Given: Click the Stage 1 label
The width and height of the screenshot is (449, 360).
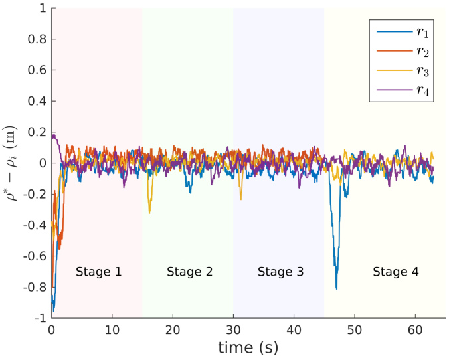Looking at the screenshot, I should [98, 272].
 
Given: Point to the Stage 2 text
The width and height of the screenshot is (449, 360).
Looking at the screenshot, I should [189, 272].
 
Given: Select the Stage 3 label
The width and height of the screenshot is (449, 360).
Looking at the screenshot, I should [280, 272].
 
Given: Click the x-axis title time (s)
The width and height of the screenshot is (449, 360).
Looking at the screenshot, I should [248, 347].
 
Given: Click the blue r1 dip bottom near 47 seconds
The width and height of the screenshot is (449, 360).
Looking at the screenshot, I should [336, 288].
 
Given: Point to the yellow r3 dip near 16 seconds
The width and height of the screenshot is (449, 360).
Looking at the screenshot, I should [149, 212].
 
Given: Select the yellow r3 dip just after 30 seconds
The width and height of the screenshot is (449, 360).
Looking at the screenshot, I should [240, 199].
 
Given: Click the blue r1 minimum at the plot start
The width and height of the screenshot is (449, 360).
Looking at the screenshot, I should [54, 311].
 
